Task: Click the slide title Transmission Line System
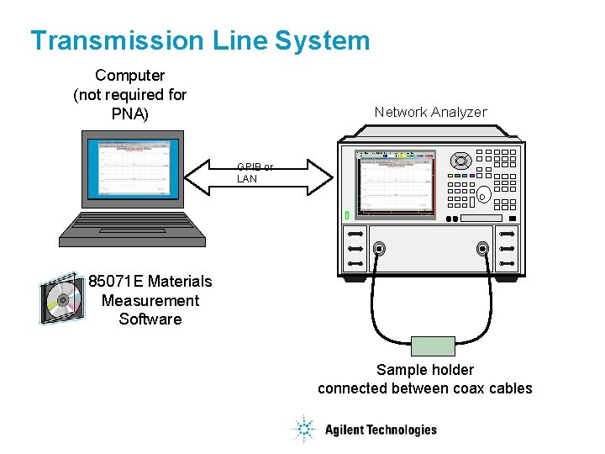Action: [200, 40]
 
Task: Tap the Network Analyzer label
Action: [430, 112]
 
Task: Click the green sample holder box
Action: [433, 346]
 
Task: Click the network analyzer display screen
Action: [396, 184]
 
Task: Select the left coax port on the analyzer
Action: [380, 249]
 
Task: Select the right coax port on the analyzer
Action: [482, 249]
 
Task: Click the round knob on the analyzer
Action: [460, 161]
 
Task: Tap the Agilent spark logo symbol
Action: [302, 430]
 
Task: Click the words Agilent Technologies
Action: [381, 430]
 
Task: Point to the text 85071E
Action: [116, 281]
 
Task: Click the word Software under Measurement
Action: [150, 319]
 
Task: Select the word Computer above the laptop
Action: [129, 76]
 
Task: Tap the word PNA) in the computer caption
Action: [129, 113]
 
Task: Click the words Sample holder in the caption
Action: [425, 370]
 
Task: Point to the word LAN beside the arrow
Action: [247, 179]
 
